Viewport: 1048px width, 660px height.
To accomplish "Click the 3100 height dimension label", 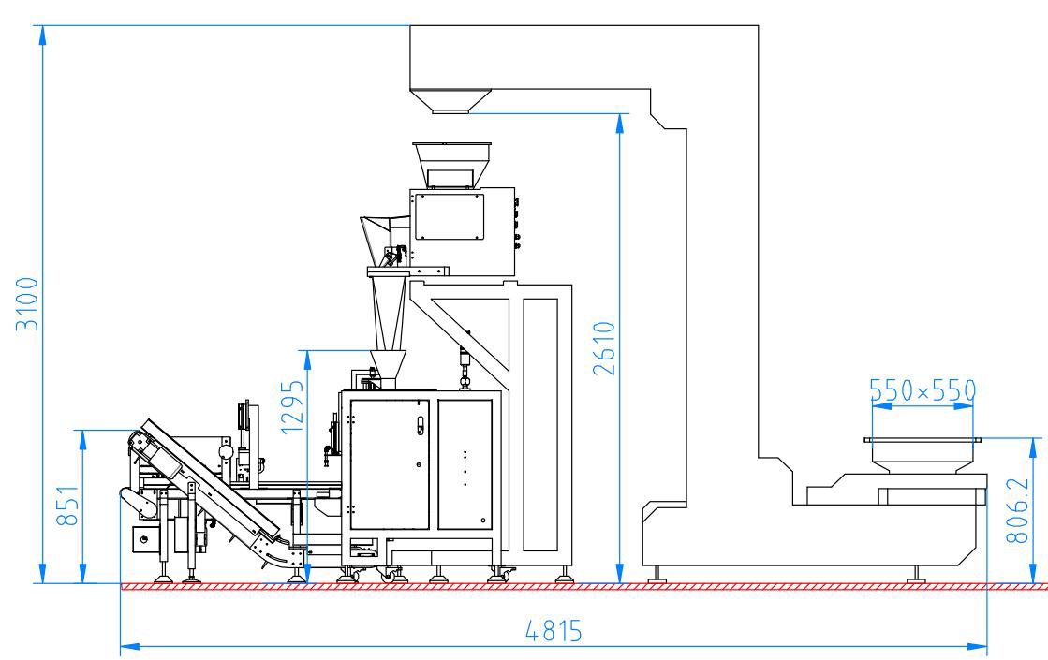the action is click(x=28, y=304).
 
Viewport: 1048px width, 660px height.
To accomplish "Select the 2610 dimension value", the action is click(x=604, y=348).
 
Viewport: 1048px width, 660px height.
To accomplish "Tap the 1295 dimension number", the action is click(x=293, y=407).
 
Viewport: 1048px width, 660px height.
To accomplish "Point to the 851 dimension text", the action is click(x=68, y=505).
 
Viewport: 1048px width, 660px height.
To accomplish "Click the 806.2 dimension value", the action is click(x=1017, y=510).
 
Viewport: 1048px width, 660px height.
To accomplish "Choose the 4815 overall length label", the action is click(x=554, y=631).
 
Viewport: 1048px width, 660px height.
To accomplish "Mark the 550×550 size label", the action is click(x=923, y=390).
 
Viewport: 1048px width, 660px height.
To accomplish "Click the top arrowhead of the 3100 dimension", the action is click(x=43, y=35).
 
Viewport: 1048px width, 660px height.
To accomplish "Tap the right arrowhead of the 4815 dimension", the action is click(x=978, y=646).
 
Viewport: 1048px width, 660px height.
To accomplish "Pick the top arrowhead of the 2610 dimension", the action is click(x=621, y=123).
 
